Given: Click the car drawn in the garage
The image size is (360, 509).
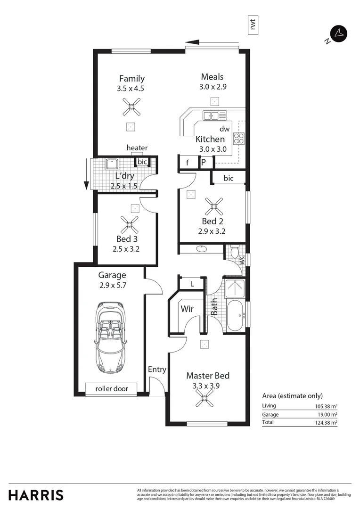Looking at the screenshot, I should click(110, 337).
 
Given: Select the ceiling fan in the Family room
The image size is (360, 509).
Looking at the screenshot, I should click(131, 107).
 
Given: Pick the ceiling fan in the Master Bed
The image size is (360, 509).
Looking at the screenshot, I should click(205, 400).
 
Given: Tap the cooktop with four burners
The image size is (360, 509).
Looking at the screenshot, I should click(239, 139).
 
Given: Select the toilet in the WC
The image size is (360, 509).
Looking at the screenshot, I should click(235, 252).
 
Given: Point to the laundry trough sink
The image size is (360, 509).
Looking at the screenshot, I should click(112, 164).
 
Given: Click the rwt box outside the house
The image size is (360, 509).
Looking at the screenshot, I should click(254, 25).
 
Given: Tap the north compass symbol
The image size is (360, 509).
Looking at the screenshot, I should click(339, 33).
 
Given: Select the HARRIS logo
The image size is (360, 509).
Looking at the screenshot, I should click(36, 495).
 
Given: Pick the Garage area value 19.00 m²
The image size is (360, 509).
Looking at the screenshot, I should click(327, 414).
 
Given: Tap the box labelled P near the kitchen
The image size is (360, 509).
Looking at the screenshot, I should click(204, 162).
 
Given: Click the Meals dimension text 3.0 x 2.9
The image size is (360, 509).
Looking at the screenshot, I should click(213, 87).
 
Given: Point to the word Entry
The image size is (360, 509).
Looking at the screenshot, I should click(157, 369).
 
